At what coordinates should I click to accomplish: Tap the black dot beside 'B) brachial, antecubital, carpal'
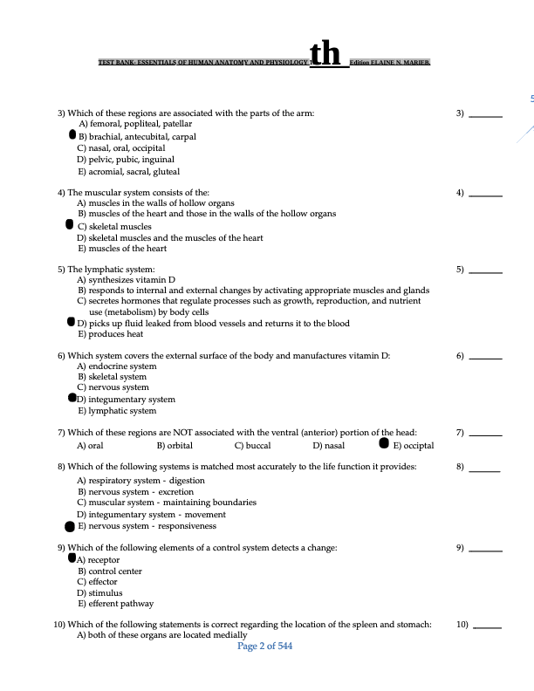tap(73, 136)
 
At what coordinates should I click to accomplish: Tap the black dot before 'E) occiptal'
tap(384, 443)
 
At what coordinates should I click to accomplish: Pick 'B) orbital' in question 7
tap(174, 445)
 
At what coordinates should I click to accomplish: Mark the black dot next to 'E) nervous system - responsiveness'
tap(71, 526)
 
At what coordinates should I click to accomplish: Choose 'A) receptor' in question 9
tap(99, 560)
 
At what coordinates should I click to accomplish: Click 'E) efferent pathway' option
tap(115, 604)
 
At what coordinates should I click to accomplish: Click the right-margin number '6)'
tap(460, 358)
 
